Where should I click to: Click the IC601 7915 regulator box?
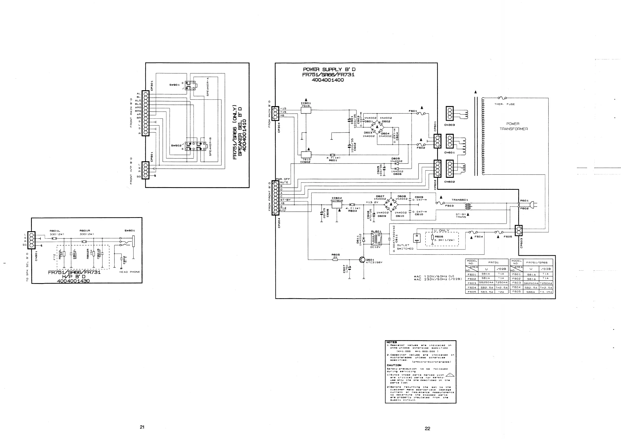(x=306, y=110)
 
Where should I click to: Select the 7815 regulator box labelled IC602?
(x=306, y=155)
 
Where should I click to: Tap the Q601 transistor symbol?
(x=362, y=259)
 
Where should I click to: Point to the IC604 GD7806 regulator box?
(x=337, y=205)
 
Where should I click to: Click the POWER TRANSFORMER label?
(x=513, y=126)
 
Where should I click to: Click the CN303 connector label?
(x=450, y=125)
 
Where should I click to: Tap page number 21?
(x=142, y=427)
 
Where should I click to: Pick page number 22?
(x=427, y=429)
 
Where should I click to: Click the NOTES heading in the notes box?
(x=391, y=342)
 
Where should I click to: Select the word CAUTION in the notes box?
(x=394, y=365)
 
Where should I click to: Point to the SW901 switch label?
(x=174, y=85)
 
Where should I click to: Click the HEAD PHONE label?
(x=130, y=272)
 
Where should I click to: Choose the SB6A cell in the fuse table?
(x=531, y=292)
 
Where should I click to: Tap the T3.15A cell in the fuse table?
(x=546, y=292)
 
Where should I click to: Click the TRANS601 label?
(x=460, y=200)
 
